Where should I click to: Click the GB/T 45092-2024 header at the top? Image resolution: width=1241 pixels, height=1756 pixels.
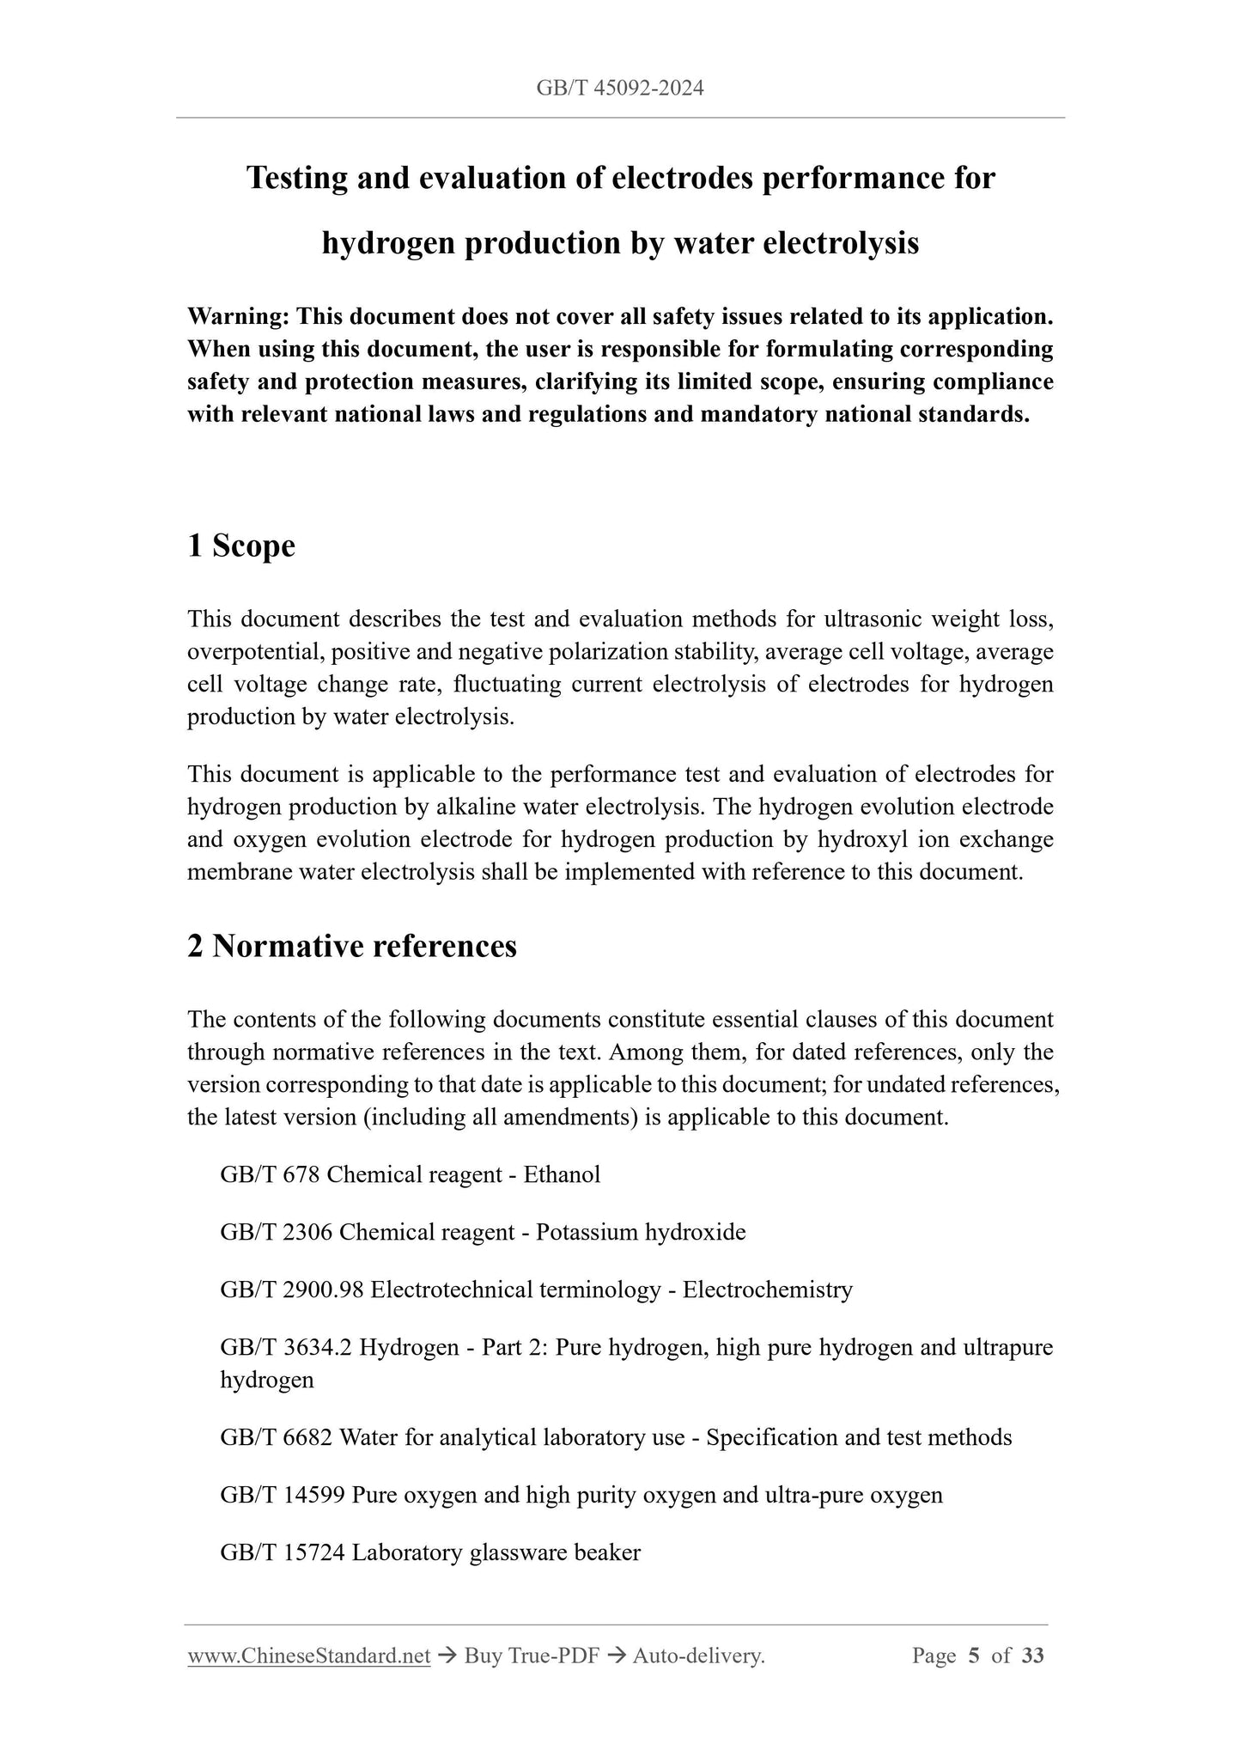[x=620, y=88]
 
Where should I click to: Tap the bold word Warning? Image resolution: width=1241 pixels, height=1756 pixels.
[x=238, y=316]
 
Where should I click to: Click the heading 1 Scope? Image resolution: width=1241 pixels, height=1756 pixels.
[x=241, y=546]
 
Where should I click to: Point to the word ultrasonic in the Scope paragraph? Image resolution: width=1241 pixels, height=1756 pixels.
[x=873, y=619]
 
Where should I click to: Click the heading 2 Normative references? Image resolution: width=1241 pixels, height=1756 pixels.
[x=352, y=946]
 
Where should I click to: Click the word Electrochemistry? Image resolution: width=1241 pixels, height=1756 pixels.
[x=767, y=1290]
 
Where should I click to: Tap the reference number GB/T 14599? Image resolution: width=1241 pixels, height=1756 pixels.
[x=283, y=1495]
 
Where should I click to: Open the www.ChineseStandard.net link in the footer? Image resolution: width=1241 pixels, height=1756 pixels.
[x=308, y=1656]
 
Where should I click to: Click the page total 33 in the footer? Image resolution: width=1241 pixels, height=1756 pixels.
[x=1033, y=1656]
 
